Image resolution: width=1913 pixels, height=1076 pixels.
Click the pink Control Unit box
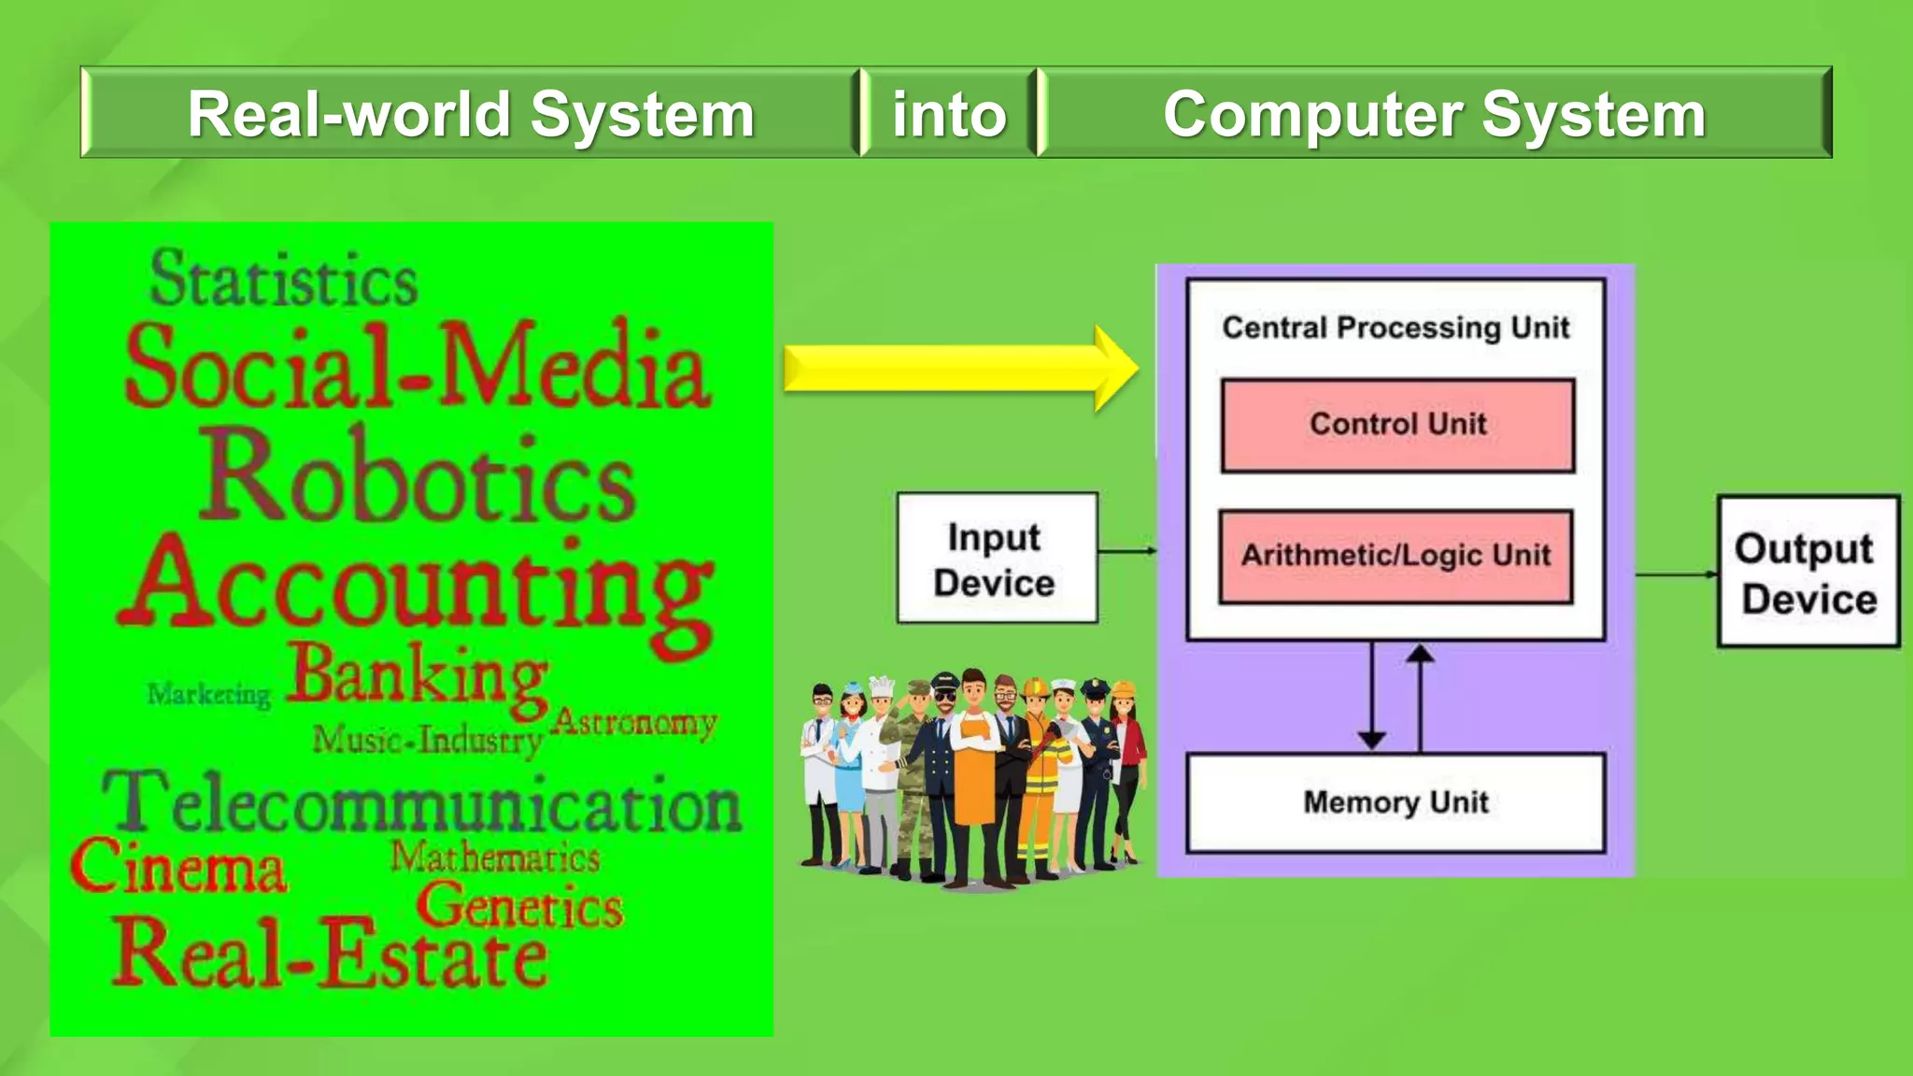point(1397,425)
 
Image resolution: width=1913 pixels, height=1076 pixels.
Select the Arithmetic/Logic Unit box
point(1396,557)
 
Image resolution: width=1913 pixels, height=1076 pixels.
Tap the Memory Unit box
point(1396,802)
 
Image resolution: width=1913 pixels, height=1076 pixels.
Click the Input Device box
point(997,559)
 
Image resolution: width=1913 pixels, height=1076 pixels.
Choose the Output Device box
point(1808,572)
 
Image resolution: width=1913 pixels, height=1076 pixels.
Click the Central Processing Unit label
point(1396,328)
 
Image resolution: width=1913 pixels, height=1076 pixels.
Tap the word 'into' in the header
point(949,114)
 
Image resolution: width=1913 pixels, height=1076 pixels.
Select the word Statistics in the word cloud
point(284,279)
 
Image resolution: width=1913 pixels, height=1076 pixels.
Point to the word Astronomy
point(635,722)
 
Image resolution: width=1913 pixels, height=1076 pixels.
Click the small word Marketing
point(208,695)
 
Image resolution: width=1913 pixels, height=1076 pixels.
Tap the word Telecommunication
point(421,803)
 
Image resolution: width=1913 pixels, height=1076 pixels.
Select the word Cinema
point(178,866)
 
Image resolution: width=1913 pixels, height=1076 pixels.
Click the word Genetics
point(520,905)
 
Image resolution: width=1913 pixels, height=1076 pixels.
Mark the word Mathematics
point(495,857)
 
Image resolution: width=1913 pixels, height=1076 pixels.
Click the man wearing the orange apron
point(974,775)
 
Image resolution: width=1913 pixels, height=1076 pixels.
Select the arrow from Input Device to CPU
point(1127,551)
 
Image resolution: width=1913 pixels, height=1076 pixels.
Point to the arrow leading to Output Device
point(1676,574)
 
